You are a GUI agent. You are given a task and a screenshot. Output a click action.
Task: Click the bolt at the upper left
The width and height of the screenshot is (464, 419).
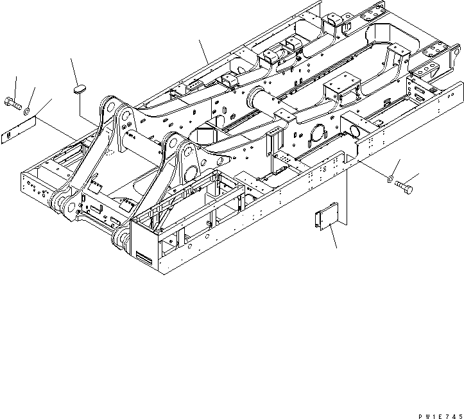[x=14, y=101]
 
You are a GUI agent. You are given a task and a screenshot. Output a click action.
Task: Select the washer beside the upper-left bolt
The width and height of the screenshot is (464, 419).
[x=27, y=112]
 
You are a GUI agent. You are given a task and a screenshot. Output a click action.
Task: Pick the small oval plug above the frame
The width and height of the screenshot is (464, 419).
[x=79, y=89]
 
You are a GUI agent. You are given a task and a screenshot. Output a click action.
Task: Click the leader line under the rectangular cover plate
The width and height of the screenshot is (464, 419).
[x=332, y=238]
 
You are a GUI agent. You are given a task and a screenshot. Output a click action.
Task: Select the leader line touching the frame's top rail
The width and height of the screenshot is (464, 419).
[x=203, y=51]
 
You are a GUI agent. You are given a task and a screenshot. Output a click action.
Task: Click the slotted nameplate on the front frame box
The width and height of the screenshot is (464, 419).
[x=145, y=256]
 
